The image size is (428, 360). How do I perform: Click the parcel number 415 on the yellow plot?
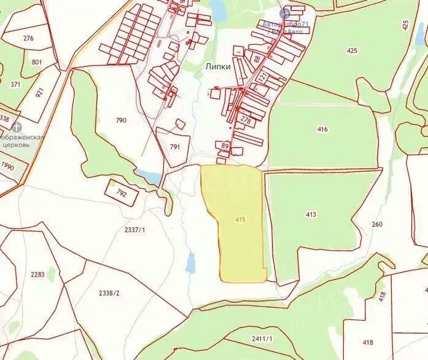[240, 219]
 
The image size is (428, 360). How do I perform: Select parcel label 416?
[323, 129]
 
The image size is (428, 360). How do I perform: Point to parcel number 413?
[311, 214]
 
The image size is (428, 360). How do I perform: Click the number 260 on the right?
[376, 224]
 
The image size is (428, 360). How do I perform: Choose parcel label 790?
[121, 120]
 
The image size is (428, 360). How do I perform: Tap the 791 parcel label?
[175, 147]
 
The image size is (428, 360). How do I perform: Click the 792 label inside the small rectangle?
[121, 193]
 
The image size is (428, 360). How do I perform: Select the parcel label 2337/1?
[135, 230]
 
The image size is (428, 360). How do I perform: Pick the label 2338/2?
[109, 292]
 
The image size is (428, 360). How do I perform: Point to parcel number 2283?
[37, 275]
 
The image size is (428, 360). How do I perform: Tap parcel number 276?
[28, 38]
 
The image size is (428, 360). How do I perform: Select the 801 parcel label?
[37, 62]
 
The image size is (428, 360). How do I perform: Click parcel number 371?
[15, 84]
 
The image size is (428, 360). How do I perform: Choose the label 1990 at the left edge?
[7, 166]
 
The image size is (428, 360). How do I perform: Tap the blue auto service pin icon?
[284, 13]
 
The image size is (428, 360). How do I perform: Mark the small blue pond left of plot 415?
[190, 263]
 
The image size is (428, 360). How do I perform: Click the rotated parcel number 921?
[41, 93]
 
